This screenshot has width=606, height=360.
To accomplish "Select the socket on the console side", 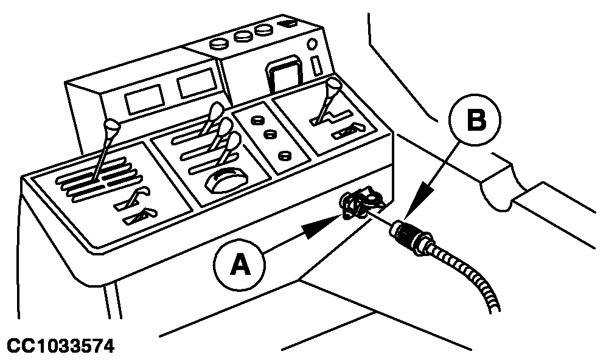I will point(359,203).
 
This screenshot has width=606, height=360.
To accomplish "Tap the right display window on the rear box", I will point(196,82).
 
